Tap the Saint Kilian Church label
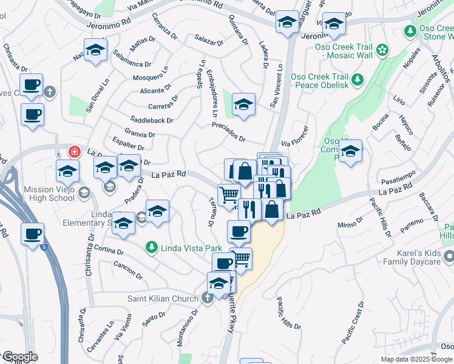[163, 298]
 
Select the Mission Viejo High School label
[49, 194]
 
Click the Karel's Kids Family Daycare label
[412, 257]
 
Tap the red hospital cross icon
[75, 152]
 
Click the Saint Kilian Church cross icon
[206, 297]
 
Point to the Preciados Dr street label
[228, 132]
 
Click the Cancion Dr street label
[128, 270]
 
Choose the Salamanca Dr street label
[131, 64]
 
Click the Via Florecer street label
[296, 138]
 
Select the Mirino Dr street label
[350, 225]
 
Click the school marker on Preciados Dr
[243, 105]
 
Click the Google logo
[20, 357]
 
